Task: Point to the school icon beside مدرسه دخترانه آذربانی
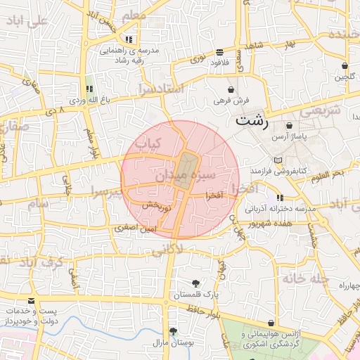[x=281, y=198]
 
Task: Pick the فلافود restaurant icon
[x=220, y=52]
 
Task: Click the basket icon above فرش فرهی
[x=231, y=89]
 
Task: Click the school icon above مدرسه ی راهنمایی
[x=128, y=39]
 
